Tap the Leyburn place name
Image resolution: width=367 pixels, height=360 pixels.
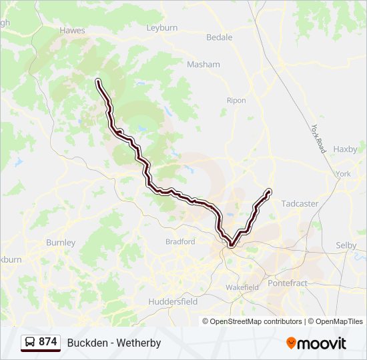point(162,27)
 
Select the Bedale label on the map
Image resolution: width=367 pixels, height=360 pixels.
point(220,37)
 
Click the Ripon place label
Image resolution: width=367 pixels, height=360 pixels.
point(236,101)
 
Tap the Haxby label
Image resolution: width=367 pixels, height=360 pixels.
point(345,149)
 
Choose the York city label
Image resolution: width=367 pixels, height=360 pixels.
point(344,174)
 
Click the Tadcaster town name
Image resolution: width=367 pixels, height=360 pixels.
point(300,203)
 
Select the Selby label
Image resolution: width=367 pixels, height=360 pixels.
point(346,245)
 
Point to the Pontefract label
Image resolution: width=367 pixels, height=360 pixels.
point(288,283)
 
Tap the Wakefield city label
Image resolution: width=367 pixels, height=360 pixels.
point(242,287)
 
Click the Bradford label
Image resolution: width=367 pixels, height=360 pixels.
point(180,242)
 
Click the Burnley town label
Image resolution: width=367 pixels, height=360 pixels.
point(61,243)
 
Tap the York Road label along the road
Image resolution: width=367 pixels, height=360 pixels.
point(318,139)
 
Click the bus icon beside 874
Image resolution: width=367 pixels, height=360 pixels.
point(30,343)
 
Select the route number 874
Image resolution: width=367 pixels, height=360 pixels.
point(48,342)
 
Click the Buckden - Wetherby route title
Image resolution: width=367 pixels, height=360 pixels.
point(114,343)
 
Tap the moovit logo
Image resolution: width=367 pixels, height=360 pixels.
point(316,343)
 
